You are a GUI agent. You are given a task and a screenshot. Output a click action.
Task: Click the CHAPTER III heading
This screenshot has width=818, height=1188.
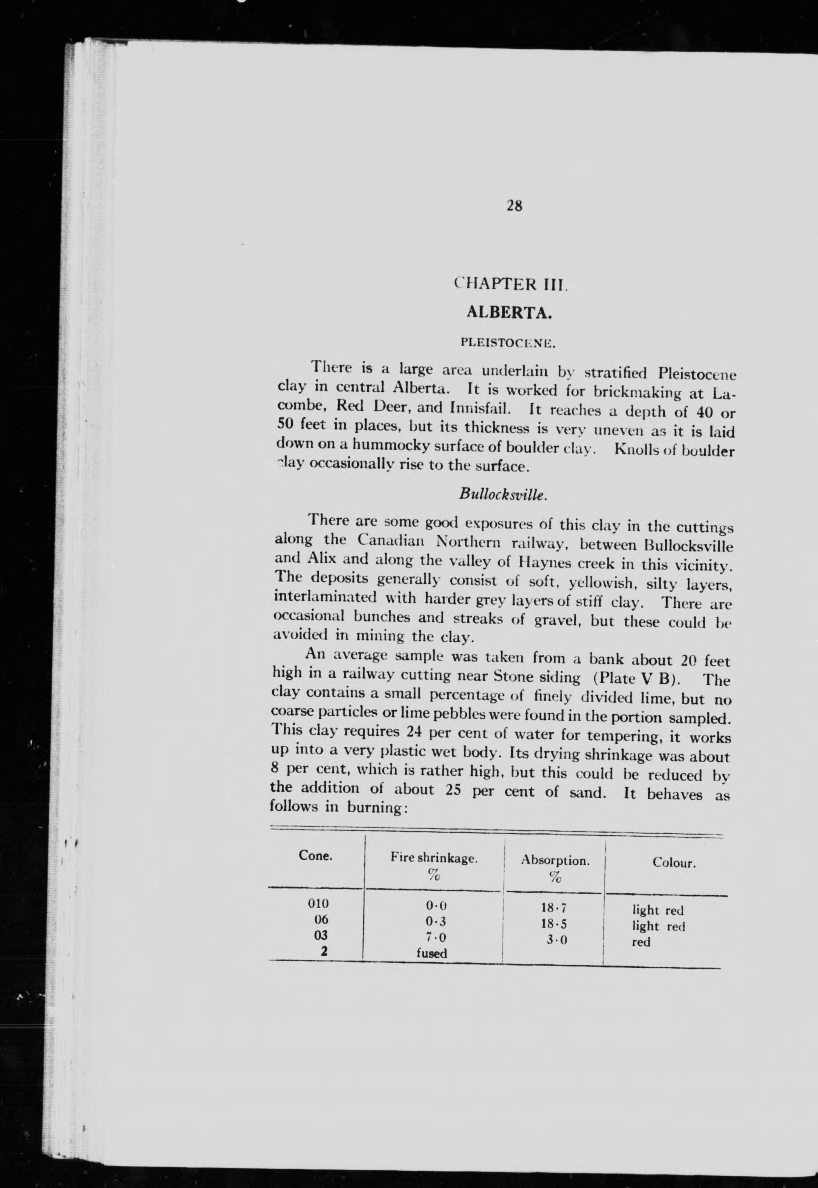click(511, 285)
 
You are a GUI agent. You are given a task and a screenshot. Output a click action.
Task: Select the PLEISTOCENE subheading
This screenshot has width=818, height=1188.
click(508, 342)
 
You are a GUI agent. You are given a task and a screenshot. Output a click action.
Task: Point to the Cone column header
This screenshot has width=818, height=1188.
click(315, 856)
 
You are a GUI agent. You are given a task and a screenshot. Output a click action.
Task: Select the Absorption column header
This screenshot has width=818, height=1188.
click(555, 861)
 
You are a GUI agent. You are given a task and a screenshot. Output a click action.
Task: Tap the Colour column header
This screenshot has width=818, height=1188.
click(673, 863)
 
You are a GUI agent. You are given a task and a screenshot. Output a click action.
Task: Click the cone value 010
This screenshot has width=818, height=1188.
click(318, 903)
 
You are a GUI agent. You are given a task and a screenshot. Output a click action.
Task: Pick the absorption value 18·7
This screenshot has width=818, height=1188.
click(554, 908)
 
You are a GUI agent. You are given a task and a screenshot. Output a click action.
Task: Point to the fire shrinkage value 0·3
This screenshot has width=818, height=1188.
click(436, 922)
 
